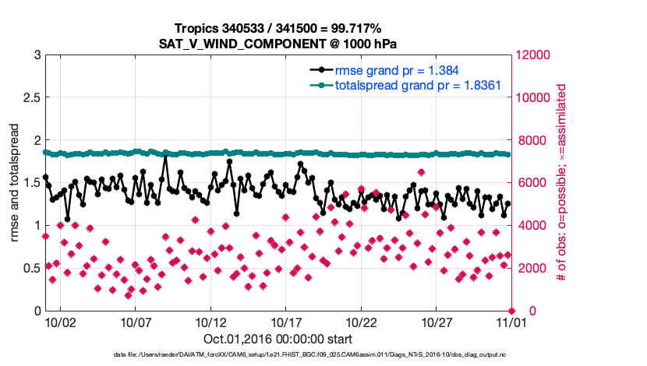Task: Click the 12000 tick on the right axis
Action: (532, 55)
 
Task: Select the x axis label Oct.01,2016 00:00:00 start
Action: (278, 339)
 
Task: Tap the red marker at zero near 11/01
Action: (511, 310)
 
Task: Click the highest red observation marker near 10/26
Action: (421, 172)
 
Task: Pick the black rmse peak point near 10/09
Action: (165, 158)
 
